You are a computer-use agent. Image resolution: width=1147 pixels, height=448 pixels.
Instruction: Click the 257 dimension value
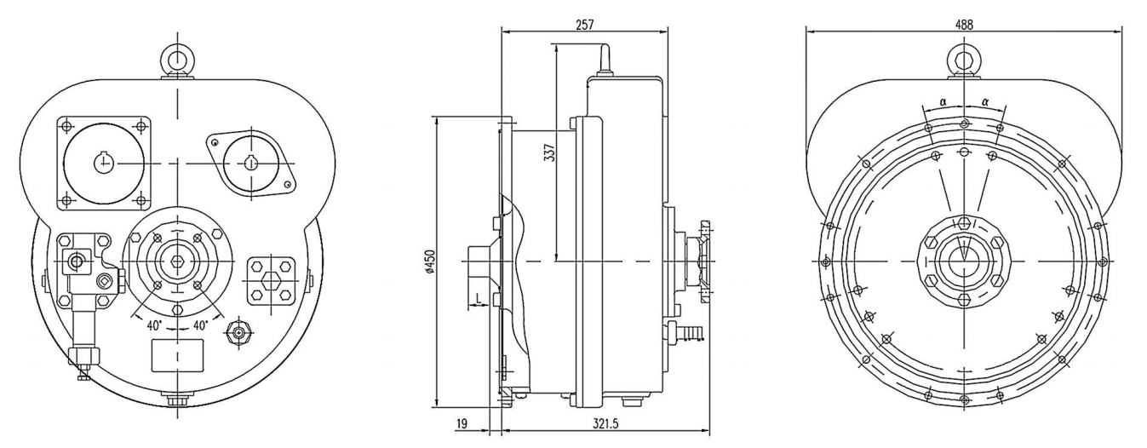(x=584, y=26)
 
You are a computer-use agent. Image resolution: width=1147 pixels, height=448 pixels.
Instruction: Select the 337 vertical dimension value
(x=549, y=152)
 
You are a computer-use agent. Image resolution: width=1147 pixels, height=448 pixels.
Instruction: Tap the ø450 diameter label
(x=429, y=261)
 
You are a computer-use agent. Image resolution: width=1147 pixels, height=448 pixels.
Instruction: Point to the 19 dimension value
(x=461, y=422)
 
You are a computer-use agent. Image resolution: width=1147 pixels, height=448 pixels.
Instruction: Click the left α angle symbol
(x=943, y=101)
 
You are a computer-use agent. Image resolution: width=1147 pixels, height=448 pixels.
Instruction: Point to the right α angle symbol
(x=985, y=101)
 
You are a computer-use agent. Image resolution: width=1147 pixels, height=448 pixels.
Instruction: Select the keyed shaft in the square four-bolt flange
(x=105, y=161)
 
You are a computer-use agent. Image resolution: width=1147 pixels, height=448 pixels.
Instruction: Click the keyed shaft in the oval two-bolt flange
(x=250, y=162)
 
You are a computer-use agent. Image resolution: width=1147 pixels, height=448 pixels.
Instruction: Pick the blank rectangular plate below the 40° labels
(x=177, y=354)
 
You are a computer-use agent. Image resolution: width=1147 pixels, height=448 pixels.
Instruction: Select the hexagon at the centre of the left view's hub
(x=177, y=261)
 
